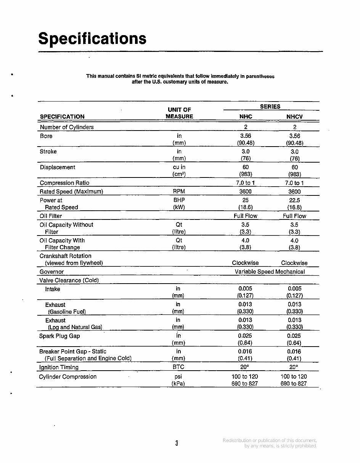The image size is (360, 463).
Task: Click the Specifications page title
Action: click(92, 39)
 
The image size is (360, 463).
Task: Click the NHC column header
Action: click(246, 117)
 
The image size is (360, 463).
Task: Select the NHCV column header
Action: click(294, 117)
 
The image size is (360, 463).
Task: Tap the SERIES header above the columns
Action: click(270, 107)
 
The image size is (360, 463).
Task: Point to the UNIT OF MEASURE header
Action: click(179, 113)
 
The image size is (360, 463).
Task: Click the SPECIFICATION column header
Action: click(62, 117)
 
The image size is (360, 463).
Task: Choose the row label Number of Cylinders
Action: click(67, 127)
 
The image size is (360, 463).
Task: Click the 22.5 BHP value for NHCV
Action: click(294, 200)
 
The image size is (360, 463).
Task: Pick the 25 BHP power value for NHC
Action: click(246, 200)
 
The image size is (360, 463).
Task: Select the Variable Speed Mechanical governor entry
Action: click(270, 272)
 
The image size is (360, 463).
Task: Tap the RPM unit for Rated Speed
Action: click(179, 192)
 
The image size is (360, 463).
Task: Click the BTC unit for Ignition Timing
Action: click(178, 367)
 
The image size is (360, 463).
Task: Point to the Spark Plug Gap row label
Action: click(59, 336)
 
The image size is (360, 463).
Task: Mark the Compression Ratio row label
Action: click(64, 183)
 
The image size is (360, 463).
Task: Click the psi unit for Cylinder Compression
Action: click(178, 376)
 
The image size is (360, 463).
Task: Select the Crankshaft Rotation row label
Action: click(66, 256)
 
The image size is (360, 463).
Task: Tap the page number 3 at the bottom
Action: click(177, 443)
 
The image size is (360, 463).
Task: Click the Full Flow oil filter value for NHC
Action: click(245, 216)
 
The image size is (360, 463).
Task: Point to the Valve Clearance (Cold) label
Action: click(69, 280)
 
